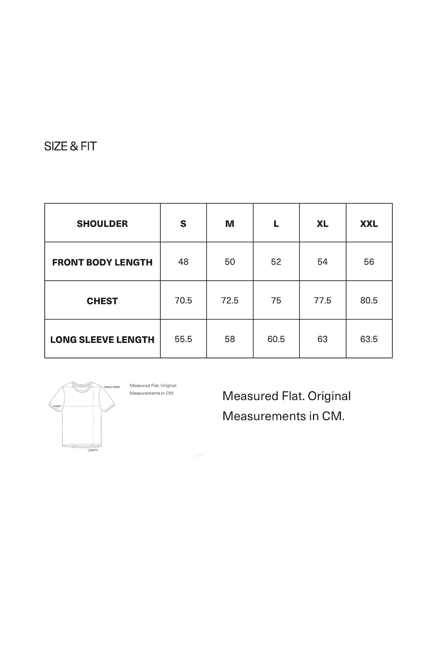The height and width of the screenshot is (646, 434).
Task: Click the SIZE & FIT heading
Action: (70, 146)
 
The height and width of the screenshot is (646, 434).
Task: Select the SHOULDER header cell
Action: (102, 223)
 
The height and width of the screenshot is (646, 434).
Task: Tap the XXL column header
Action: (369, 223)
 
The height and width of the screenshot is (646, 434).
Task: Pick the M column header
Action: (229, 223)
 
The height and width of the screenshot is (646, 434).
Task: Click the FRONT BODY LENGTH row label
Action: (102, 262)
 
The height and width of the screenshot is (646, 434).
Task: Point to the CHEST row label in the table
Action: (102, 301)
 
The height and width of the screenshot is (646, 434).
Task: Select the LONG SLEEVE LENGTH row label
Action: (102, 340)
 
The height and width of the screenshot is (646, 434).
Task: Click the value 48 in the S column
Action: (183, 262)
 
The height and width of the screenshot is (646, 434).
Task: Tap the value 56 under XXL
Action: (369, 262)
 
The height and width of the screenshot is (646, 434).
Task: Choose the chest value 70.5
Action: (183, 300)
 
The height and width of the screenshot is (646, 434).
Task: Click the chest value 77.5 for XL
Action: (322, 300)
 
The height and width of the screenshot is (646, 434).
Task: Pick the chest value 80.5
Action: (369, 300)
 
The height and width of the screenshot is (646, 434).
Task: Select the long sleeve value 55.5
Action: (183, 339)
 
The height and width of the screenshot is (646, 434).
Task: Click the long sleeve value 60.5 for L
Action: (276, 339)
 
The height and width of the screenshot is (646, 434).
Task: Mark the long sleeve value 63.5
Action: (369, 339)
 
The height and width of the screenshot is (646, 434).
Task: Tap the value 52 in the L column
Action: (276, 262)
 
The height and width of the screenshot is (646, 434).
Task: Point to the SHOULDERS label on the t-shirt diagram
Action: (112, 387)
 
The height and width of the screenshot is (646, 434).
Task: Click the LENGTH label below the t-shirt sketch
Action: (93, 450)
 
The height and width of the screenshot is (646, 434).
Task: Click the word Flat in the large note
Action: (292, 396)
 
